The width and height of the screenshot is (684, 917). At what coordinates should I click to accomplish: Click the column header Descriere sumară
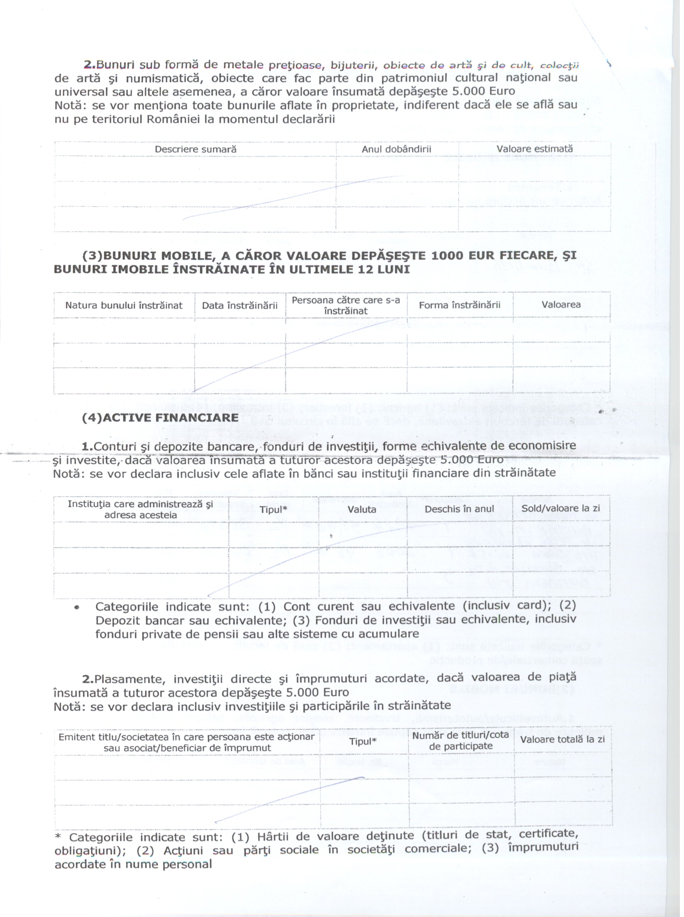[195, 149]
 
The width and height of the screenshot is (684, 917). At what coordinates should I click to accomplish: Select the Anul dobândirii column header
[396, 149]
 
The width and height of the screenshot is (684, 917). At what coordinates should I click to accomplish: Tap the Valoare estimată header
[534, 149]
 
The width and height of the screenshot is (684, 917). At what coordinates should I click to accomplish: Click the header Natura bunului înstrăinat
[124, 305]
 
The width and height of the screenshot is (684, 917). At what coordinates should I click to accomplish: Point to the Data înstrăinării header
[240, 305]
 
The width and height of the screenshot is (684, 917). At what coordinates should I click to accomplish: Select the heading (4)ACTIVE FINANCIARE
[160, 418]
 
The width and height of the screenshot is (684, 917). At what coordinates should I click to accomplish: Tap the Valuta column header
[362, 509]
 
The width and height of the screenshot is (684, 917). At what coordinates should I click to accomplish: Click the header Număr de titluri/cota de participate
[460, 741]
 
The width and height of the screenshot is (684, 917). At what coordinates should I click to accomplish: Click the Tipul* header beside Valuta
[273, 509]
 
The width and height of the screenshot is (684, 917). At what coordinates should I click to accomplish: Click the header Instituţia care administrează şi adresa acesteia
[140, 509]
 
